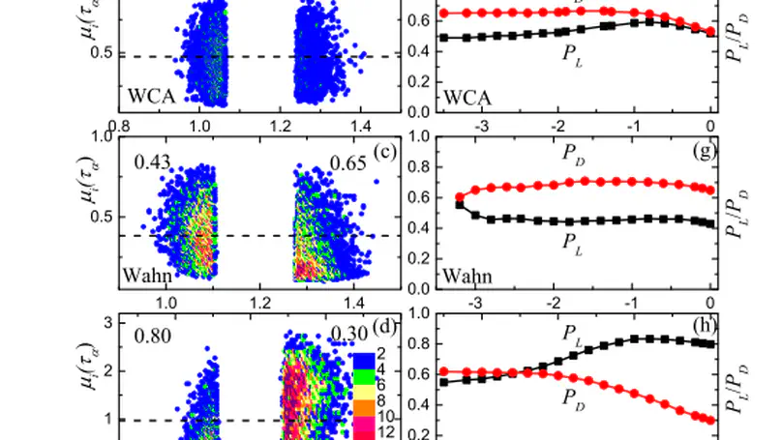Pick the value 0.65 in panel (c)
pos(347,163)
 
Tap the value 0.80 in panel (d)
pos(153,337)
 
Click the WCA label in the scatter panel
pos(151,98)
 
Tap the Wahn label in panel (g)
pos(466,278)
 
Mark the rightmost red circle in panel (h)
pos(711,421)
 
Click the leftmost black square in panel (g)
pos(460,204)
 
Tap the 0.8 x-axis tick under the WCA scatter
pos(120,126)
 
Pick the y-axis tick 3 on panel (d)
pos(108,321)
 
